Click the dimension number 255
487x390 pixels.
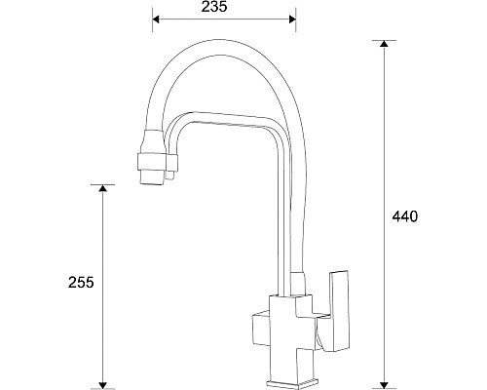tap(82, 283)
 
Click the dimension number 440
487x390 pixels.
tap(406, 216)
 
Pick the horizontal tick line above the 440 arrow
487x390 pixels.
tap(385, 40)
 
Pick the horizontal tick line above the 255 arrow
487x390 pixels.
tap(102, 184)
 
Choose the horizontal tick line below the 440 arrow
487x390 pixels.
tap(385, 387)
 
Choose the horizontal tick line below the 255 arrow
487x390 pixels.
tap(102, 387)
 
